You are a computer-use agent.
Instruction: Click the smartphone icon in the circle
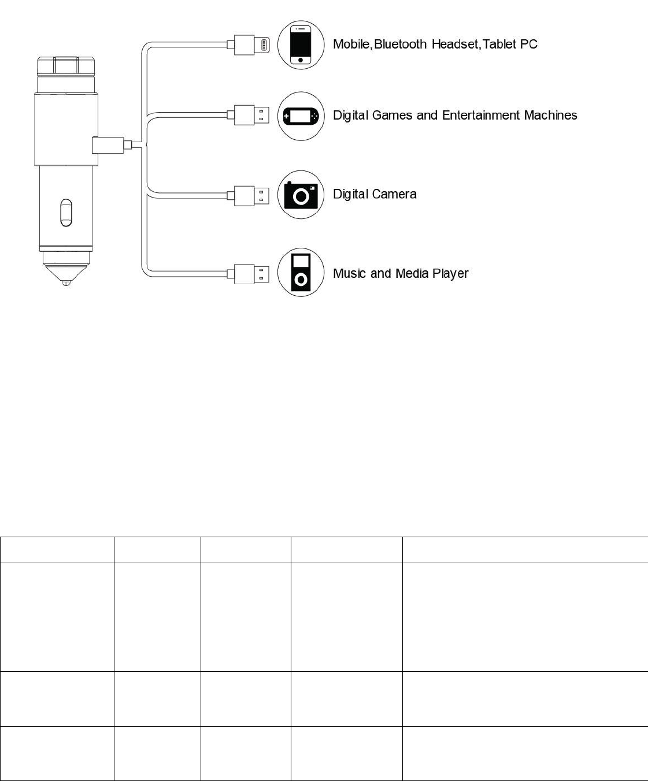300,44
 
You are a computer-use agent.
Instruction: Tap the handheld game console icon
301,116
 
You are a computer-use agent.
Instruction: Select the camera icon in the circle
301,195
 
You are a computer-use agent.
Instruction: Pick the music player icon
301,273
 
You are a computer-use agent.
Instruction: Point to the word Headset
456,44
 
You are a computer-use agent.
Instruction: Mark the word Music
350,273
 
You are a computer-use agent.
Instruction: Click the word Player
450,274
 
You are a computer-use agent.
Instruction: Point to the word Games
392,116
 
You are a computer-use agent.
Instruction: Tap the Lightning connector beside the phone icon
253,44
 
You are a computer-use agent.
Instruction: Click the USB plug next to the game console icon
253,116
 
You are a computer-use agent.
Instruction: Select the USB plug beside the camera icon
253,195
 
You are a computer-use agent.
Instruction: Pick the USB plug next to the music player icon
253,273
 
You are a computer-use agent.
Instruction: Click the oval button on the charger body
66,213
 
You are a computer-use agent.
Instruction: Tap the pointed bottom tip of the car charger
66,282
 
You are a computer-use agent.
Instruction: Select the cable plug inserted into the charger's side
108,145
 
